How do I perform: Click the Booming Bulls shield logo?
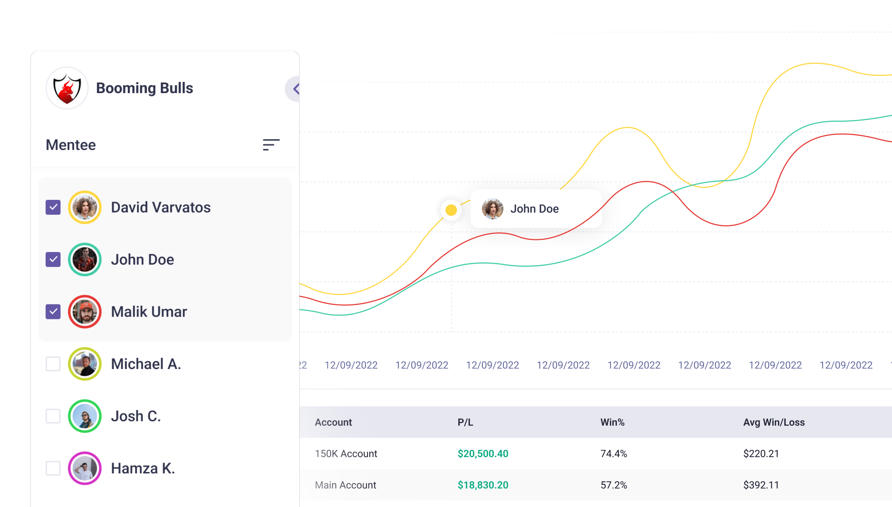67,88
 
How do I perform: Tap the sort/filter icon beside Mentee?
271,144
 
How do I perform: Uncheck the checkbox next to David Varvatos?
53,208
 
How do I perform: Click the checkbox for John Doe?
53,260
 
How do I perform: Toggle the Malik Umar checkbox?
53,312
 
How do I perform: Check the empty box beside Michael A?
53,364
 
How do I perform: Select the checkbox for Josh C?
53,416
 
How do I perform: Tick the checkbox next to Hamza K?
53,468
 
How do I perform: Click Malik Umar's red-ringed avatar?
85,312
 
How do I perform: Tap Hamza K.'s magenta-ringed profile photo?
85,468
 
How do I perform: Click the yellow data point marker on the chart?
451,210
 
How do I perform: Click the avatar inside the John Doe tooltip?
492,209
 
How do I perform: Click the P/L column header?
465,422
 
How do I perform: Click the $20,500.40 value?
483,454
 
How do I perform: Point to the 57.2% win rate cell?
614,485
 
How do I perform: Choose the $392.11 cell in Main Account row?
761,485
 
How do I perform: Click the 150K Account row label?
346,454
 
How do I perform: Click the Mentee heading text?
71,145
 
